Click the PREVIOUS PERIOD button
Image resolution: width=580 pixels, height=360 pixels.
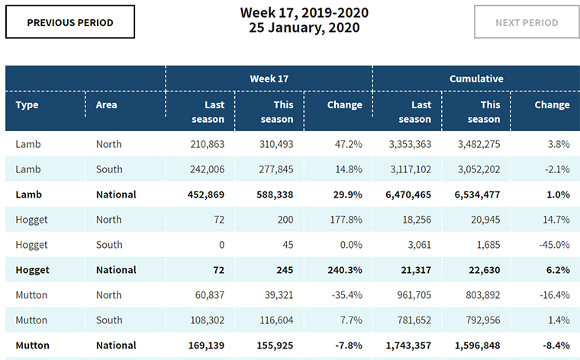pos(70,22)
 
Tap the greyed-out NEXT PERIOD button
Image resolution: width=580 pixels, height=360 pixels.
pos(527,22)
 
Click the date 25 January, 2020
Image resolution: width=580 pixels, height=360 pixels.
pos(304,27)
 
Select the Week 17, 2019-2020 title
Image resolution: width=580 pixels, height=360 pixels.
pos(304,12)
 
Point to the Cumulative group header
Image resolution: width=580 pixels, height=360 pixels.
pos(475,79)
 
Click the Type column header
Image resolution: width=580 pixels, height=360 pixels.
pos(27,104)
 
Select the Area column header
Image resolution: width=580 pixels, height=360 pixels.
pos(107,104)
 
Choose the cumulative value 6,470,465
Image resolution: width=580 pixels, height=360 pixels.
pos(404,194)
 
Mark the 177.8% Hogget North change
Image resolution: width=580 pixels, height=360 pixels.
pos(344,220)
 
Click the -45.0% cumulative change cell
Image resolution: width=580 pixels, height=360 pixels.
pos(550,245)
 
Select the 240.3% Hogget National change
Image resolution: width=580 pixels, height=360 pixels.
pos(344,270)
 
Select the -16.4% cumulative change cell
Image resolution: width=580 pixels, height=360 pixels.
pos(550,295)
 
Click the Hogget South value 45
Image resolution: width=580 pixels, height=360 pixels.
pos(286,245)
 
